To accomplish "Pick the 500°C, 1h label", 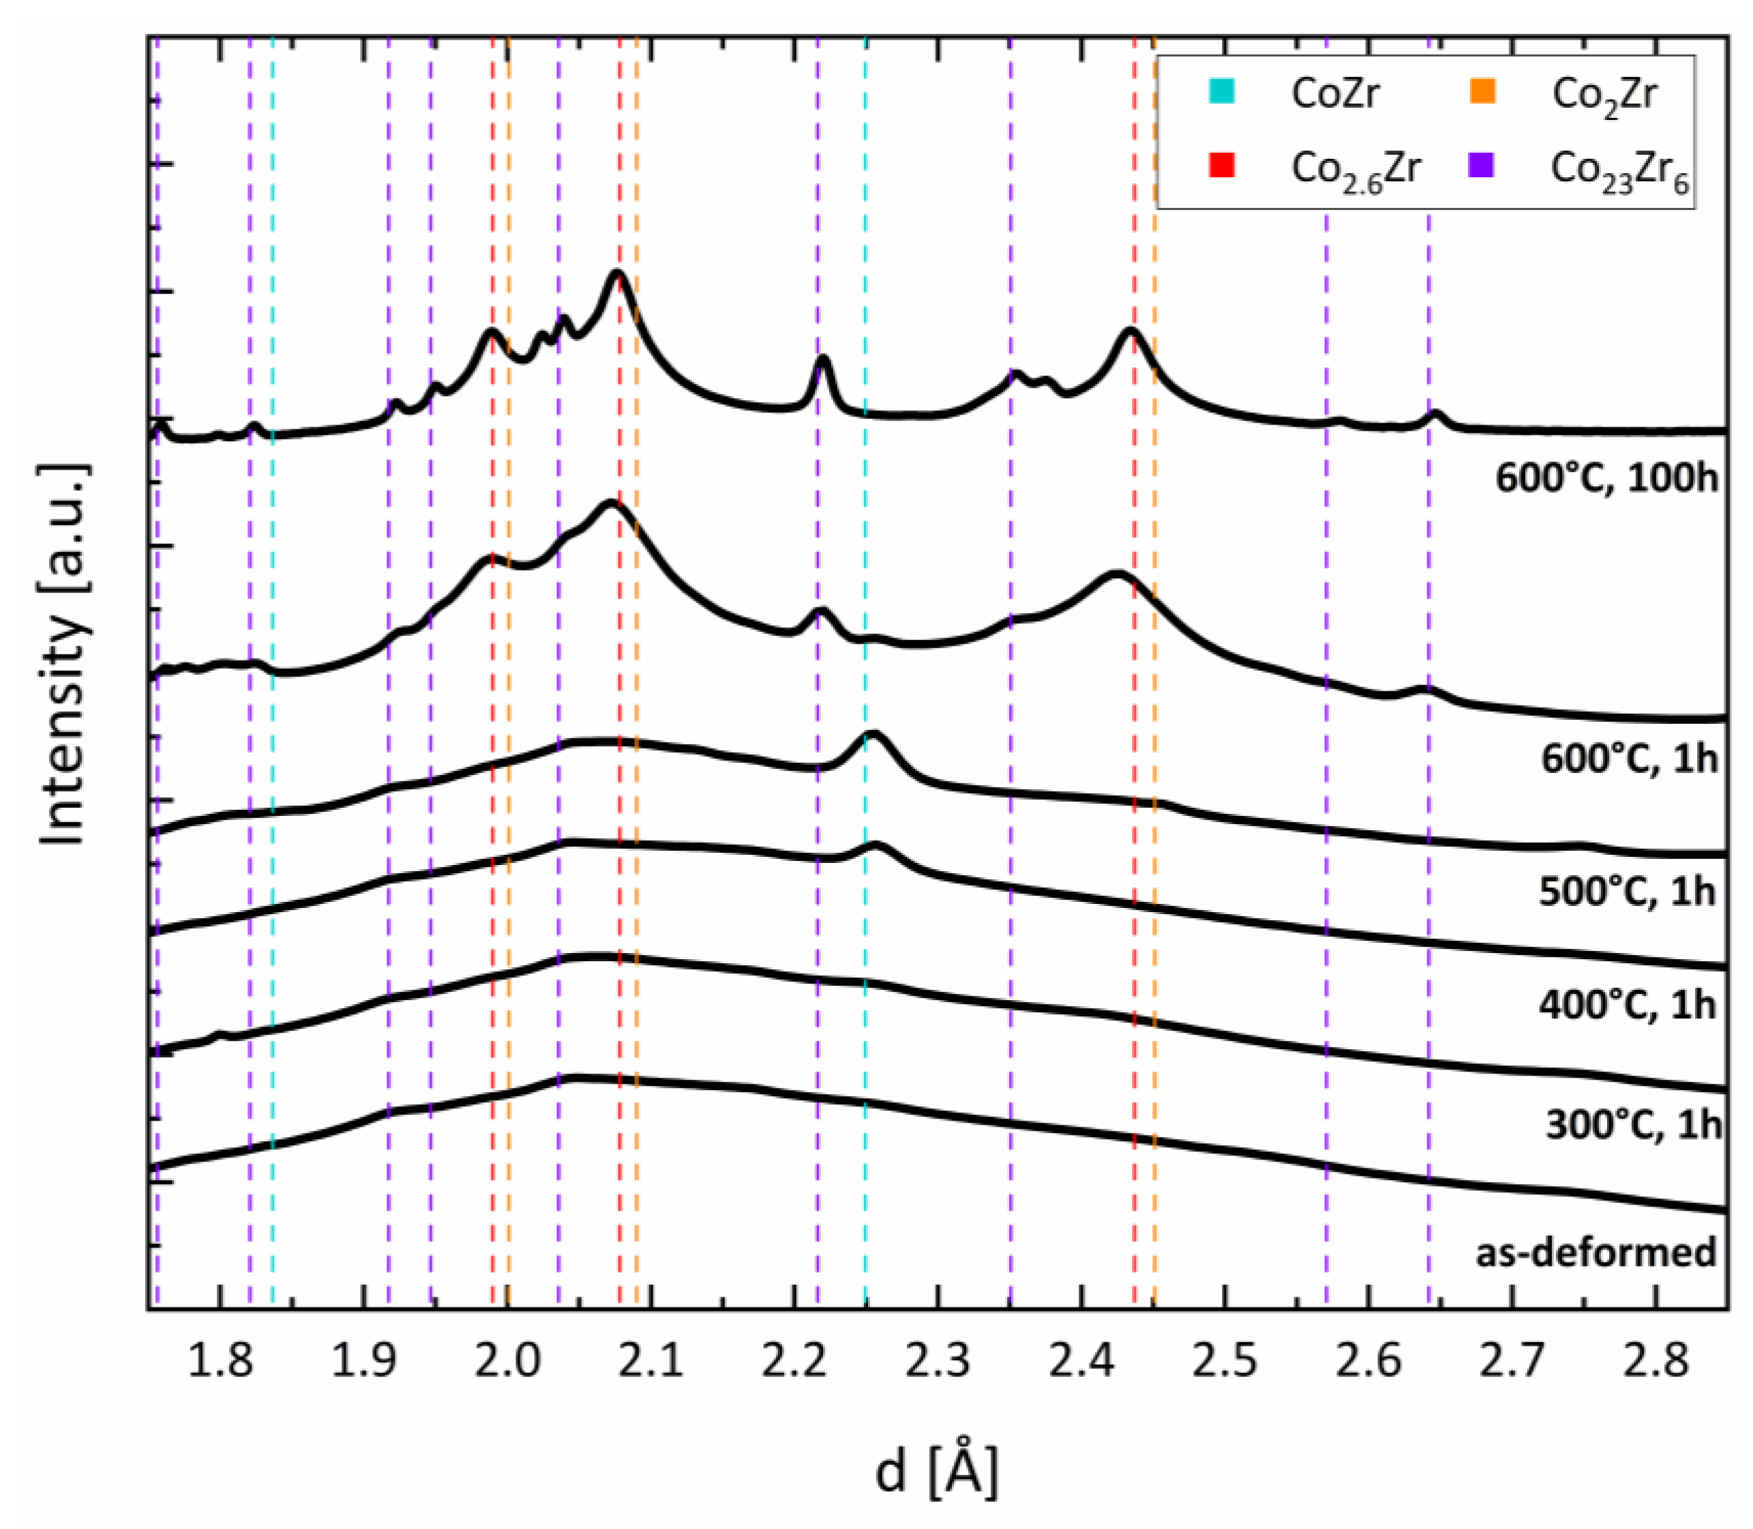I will click(x=1627, y=892).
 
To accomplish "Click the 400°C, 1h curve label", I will click(x=1627, y=1005).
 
